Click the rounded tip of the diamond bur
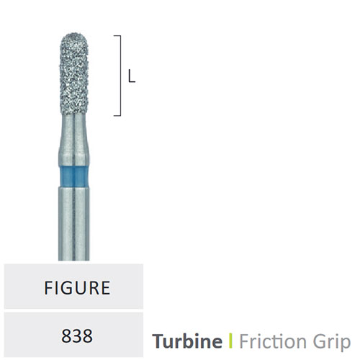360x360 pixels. click(74, 35)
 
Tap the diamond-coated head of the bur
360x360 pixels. click(74, 74)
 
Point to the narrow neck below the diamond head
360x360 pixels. click(74, 128)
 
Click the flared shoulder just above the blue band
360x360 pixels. click(74, 154)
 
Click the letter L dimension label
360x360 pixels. click(132, 77)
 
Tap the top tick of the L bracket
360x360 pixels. click(117, 36)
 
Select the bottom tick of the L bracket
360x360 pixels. click(117, 115)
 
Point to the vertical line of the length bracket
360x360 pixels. click(120, 76)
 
